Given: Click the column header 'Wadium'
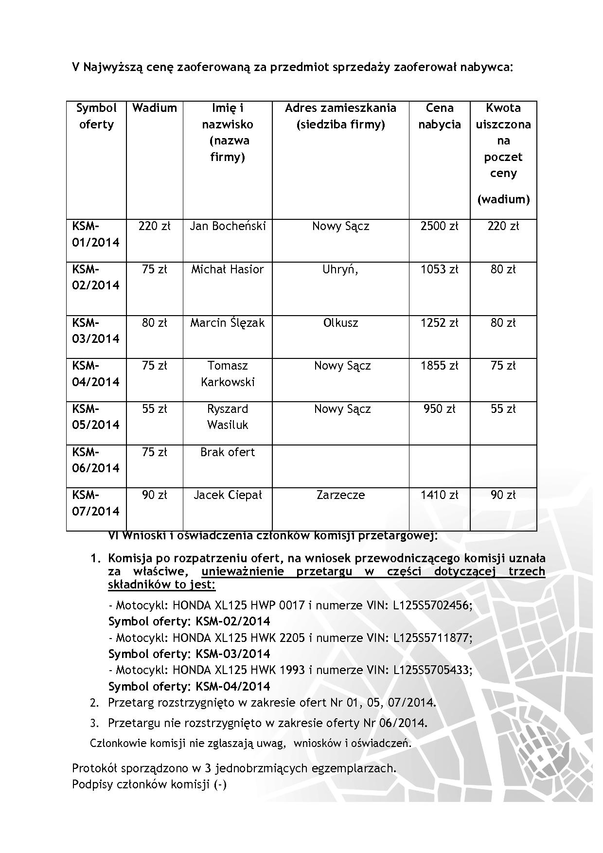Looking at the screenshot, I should pyautogui.click(x=154, y=108).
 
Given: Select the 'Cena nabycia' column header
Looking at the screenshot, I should pyautogui.click(x=439, y=116).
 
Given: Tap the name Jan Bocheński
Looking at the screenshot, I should pyautogui.click(x=228, y=226).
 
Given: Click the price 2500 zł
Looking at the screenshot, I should pyautogui.click(x=439, y=226).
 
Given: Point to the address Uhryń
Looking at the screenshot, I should pyautogui.click(x=340, y=269).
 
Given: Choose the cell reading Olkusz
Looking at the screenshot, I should pyautogui.click(x=340, y=323).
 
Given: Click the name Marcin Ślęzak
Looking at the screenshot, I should pyautogui.click(x=228, y=323).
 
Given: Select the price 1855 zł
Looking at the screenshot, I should pyautogui.click(x=439, y=366).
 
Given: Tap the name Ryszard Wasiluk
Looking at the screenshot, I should pyautogui.click(x=228, y=417).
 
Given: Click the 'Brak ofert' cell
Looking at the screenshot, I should pyautogui.click(x=228, y=452).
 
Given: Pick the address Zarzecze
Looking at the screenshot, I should pyautogui.click(x=340, y=495).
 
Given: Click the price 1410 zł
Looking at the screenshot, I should pyautogui.click(x=439, y=495).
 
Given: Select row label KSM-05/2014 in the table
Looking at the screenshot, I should pyautogui.click(x=96, y=417).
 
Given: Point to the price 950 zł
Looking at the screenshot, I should pyautogui.click(x=439, y=409).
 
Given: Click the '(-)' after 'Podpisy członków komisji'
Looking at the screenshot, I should pyautogui.click(x=220, y=784).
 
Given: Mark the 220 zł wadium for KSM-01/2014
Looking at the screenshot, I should pyautogui.click(x=154, y=226).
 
